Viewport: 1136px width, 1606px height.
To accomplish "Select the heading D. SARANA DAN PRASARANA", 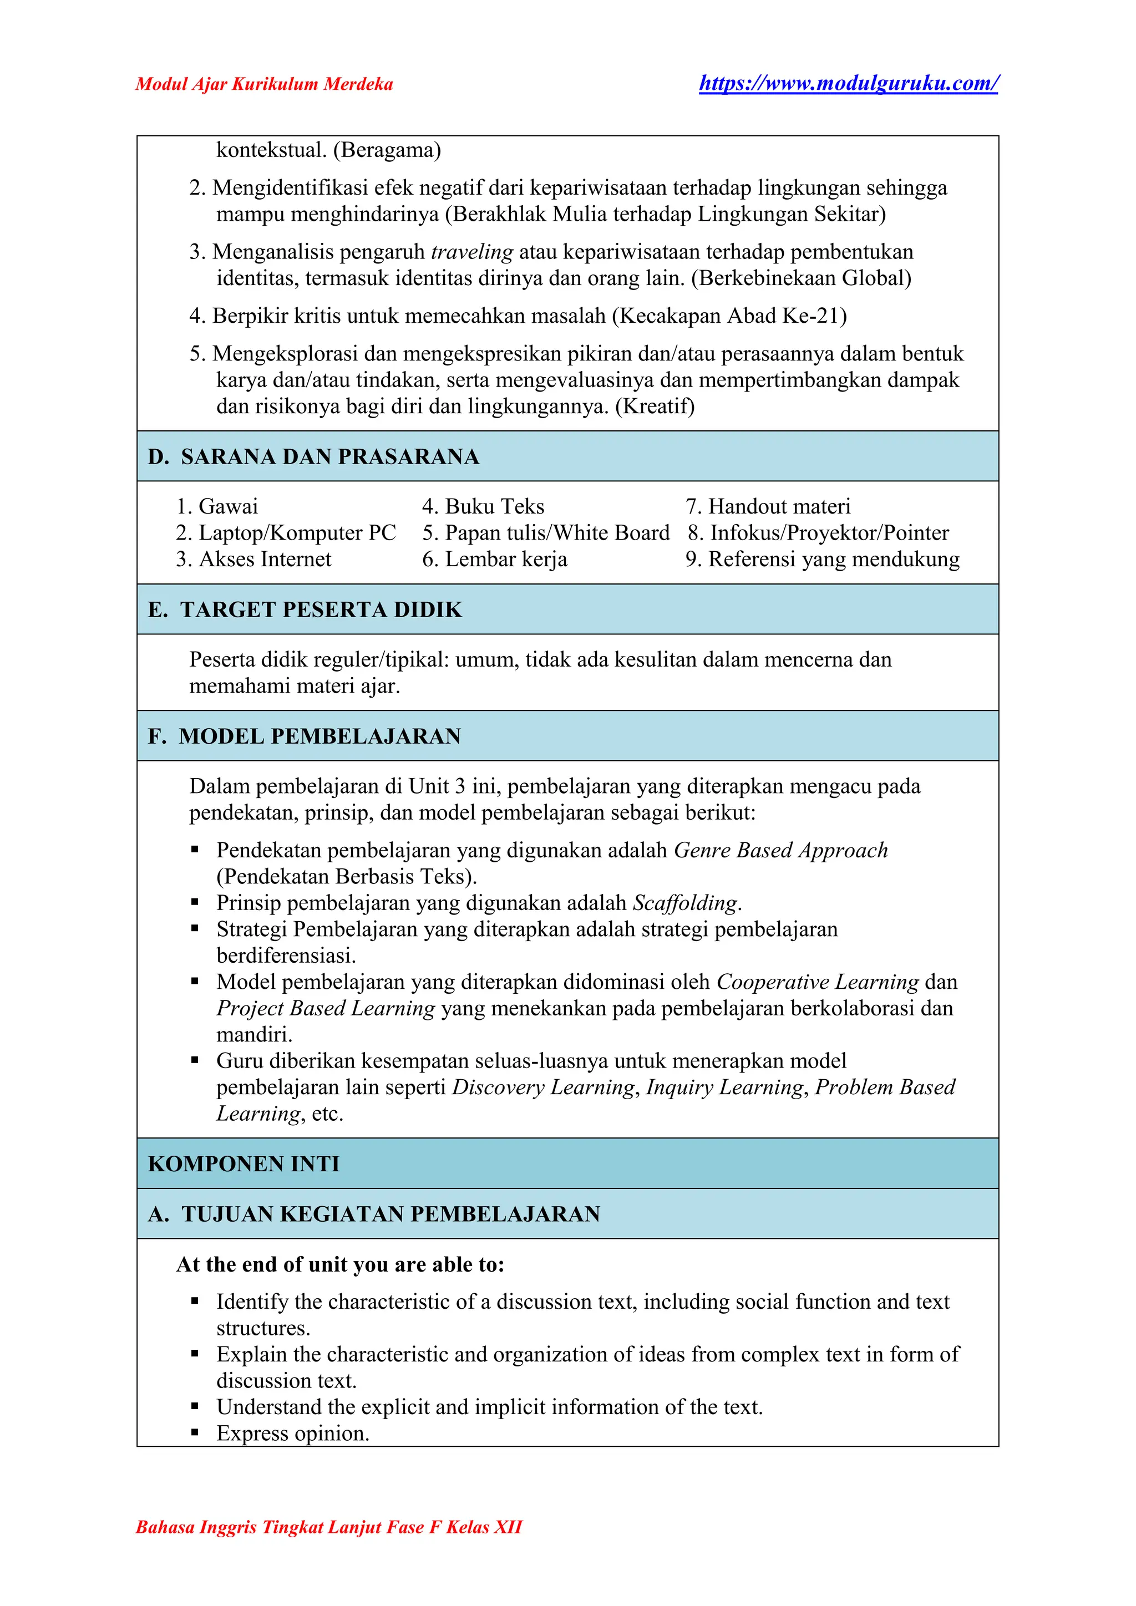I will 313,457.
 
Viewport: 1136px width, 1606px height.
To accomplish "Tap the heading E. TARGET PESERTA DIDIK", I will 305,610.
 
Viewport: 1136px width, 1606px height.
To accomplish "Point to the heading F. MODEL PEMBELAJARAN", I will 305,736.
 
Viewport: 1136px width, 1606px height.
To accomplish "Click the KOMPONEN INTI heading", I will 244,1164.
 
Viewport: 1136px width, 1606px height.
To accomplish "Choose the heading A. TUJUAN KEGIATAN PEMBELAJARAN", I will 374,1214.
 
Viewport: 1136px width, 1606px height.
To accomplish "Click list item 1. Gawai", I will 217,506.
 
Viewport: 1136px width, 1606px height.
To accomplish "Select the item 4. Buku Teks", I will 483,506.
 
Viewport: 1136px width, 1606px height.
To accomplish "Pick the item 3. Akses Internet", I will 253,560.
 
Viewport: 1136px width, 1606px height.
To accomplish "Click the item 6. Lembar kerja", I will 495,560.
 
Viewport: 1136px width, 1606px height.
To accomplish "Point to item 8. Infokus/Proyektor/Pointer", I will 818,533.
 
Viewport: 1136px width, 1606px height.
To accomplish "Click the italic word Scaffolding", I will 685,903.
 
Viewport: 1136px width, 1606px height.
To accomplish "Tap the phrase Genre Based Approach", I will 780,851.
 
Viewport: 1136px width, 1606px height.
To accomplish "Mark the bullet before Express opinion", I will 195,1433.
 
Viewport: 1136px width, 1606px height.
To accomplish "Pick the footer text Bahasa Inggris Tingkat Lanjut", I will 329,1527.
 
